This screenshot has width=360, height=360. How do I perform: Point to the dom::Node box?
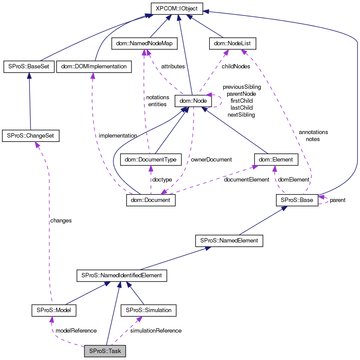coord(193,101)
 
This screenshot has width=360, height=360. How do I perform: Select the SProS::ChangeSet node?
coord(30,135)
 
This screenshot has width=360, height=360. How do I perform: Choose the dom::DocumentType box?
coord(150,160)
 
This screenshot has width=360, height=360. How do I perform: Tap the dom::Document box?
coord(151,200)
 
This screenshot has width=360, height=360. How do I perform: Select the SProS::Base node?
coord(297,200)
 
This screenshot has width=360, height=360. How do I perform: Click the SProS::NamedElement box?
coord(229,240)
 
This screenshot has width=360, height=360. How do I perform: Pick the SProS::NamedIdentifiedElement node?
coord(121,275)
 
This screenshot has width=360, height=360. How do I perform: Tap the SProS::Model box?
coord(54,310)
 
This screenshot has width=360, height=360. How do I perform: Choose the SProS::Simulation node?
coord(148,310)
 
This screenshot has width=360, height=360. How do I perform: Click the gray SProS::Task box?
coord(105,350)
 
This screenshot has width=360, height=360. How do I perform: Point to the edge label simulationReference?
coord(156,331)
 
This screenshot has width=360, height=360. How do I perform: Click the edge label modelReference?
coord(76,331)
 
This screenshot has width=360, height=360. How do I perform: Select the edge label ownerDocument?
coord(211,159)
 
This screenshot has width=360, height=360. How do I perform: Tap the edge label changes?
coord(61,221)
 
